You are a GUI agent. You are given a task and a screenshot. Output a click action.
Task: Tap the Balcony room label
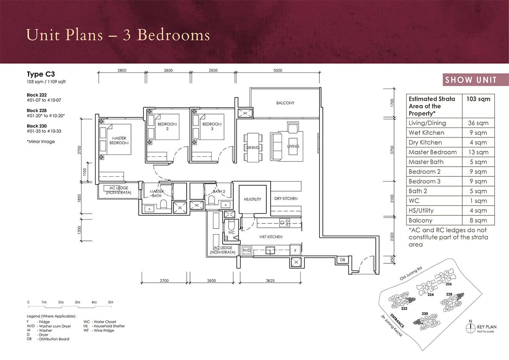tap(285, 103)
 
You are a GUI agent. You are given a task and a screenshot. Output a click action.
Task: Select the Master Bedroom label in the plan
tap(119, 141)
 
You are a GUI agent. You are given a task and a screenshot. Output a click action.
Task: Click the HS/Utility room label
tap(252, 199)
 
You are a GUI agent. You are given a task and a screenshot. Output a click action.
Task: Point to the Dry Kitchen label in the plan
tap(286, 198)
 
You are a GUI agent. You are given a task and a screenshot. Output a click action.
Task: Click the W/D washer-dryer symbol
tap(246, 251)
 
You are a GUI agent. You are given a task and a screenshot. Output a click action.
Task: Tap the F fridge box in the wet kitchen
tap(295, 251)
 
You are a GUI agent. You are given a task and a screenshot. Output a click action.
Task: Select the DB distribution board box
tap(342, 260)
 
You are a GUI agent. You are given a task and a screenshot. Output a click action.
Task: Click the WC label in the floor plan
tap(232, 233)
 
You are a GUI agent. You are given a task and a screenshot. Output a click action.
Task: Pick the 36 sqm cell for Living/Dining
tap(478, 123)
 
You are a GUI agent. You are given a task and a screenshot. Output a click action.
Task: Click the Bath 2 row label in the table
tap(418, 191)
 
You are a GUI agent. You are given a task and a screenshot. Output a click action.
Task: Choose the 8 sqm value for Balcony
tap(478, 220)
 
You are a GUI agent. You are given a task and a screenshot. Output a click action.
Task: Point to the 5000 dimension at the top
tap(277, 71)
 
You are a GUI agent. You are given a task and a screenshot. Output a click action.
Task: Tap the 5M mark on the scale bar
tap(110, 302)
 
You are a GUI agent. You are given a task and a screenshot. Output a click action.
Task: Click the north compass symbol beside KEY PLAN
tap(470, 327)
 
